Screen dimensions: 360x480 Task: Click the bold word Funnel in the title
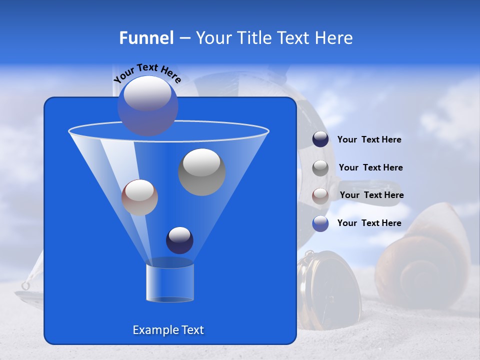point(146,38)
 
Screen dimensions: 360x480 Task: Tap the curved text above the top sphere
point(147,72)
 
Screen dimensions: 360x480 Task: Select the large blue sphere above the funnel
point(147,105)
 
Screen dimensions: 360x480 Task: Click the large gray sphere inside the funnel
point(201,172)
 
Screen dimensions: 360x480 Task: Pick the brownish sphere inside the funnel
point(139,197)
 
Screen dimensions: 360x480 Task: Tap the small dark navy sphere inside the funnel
point(179,240)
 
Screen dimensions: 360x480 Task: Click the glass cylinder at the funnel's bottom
point(169,283)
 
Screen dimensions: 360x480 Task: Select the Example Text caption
point(168,330)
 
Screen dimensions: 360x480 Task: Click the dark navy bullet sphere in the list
point(320,139)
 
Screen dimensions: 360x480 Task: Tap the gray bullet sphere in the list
point(320,167)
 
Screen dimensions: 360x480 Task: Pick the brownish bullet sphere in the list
point(320,195)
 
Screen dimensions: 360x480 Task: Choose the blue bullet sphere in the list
point(320,223)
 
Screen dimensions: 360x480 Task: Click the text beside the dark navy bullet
point(369,140)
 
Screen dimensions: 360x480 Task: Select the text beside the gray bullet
point(370,167)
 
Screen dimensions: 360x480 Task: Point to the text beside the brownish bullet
point(371,195)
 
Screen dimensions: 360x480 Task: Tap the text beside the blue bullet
point(369,223)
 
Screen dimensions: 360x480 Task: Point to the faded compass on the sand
point(327,290)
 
